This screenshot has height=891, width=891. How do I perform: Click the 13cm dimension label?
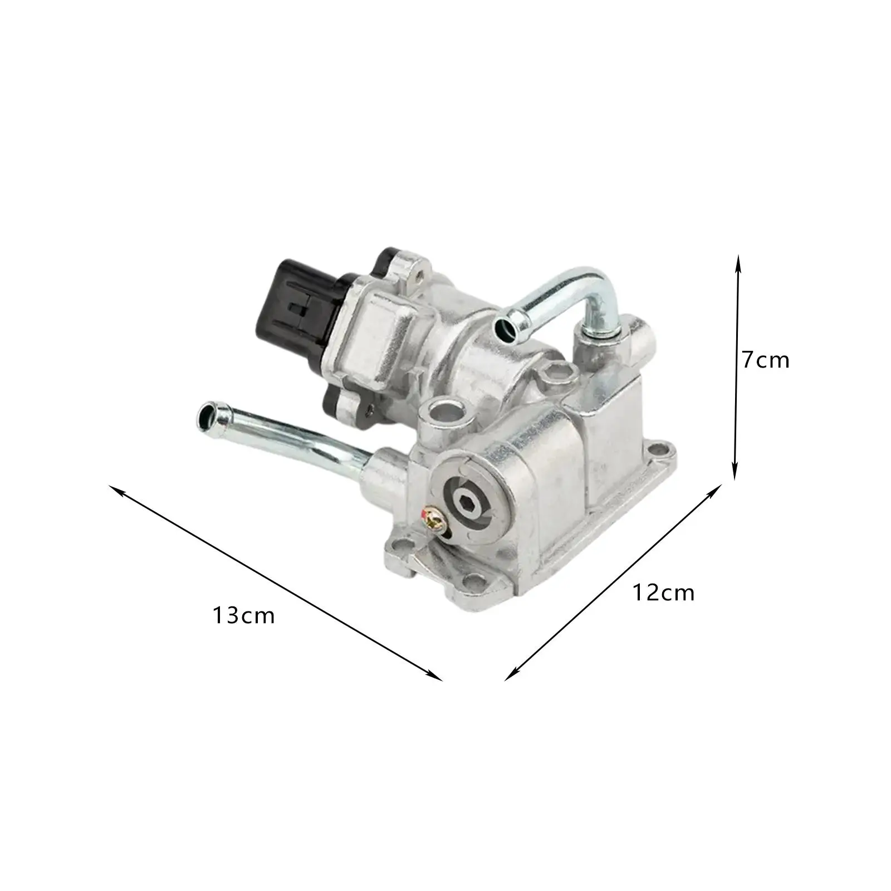click(x=243, y=616)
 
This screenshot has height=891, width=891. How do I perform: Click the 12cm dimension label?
click(x=664, y=593)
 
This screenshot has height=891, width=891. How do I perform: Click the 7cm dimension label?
click(x=765, y=361)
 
